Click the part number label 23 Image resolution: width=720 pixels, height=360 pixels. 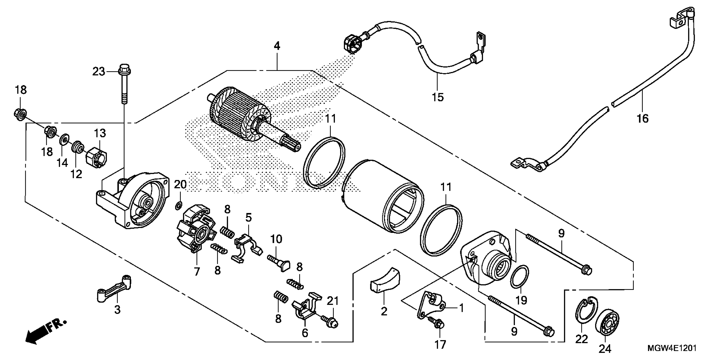pos(99,72)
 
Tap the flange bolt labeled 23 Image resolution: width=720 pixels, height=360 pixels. pos(124,84)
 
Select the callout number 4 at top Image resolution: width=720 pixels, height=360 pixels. pos(277,46)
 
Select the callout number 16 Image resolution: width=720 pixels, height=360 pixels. pos(642,119)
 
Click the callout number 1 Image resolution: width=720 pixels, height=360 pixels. pos(461,308)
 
